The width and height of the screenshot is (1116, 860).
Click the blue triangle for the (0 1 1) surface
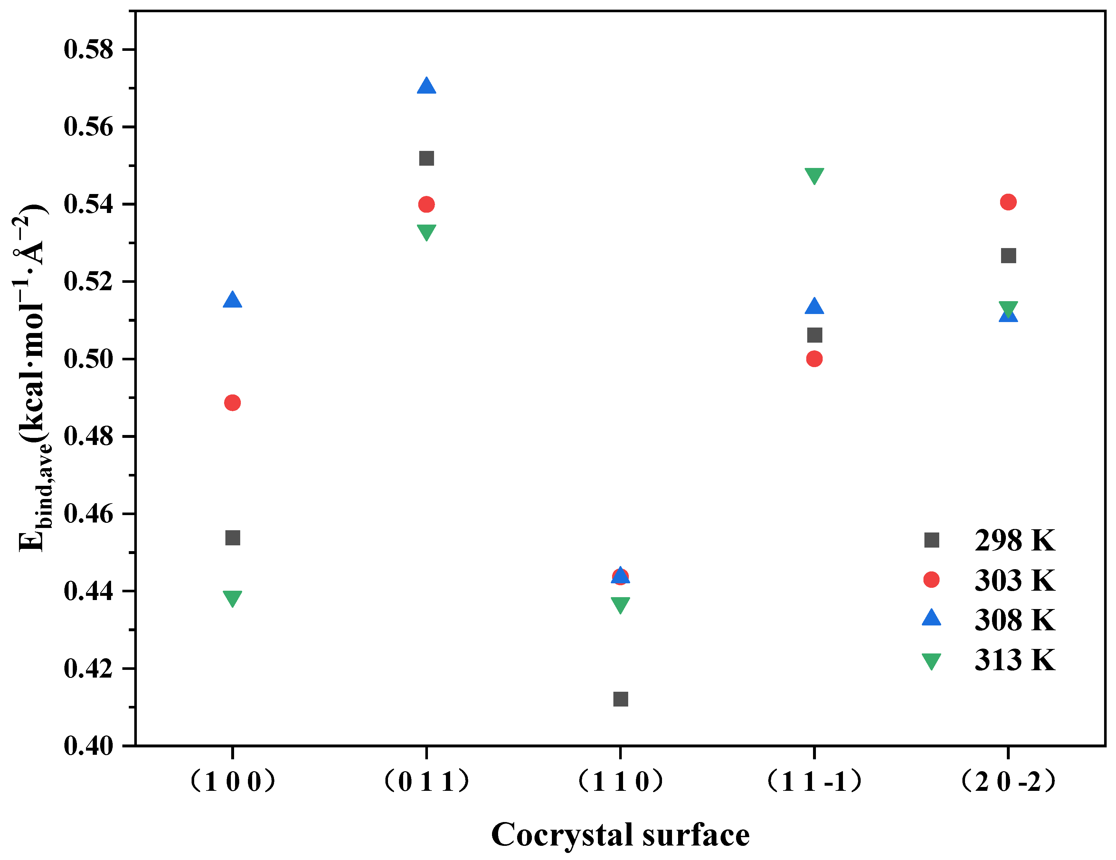pyautogui.click(x=426, y=86)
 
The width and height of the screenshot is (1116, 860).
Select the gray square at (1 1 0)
pyautogui.click(x=620, y=699)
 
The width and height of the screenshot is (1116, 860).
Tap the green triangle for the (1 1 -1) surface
pyautogui.click(x=814, y=175)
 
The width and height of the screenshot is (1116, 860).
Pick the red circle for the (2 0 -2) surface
pyautogui.click(x=1008, y=202)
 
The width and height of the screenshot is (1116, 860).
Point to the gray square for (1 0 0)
pyautogui.click(x=232, y=538)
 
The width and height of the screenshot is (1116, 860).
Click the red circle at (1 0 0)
pyautogui.click(x=232, y=403)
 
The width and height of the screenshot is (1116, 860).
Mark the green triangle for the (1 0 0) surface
pyautogui.click(x=232, y=598)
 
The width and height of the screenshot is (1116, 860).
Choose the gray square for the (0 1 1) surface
pyautogui.click(x=426, y=158)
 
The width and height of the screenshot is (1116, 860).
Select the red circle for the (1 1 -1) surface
pyautogui.click(x=814, y=359)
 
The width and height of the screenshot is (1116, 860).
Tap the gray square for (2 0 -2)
pyautogui.click(x=1008, y=256)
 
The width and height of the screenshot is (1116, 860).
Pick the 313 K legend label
pyautogui.click(x=1014, y=660)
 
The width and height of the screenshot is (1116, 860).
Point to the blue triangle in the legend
pyautogui.click(x=932, y=618)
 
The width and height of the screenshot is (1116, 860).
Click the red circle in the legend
pyautogui.click(x=932, y=580)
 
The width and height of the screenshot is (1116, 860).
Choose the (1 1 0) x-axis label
pyautogui.click(x=620, y=782)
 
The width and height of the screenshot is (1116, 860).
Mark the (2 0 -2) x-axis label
pyautogui.click(x=1008, y=782)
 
